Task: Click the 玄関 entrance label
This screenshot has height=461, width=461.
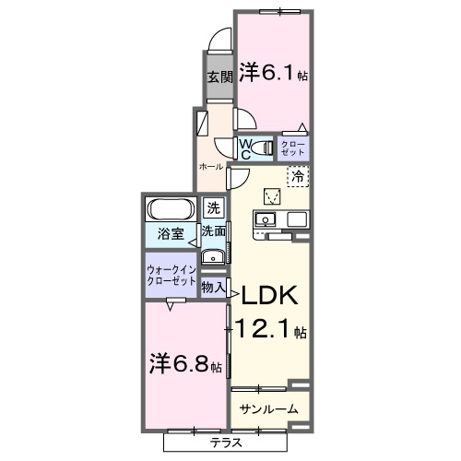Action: tap(218, 77)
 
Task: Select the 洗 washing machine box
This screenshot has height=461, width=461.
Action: tap(214, 207)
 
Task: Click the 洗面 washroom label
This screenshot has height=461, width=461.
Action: tap(214, 231)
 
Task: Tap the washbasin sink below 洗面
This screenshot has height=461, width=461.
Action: tap(211, 257)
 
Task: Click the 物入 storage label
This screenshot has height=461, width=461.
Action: tap(213, 288)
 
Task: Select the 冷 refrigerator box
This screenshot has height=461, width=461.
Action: tap(298, 174)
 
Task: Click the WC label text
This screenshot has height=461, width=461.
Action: tap(246, 148)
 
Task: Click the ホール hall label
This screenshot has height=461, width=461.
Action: tap(210, 166)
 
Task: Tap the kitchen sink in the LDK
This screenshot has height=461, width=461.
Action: tap(264, 220)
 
